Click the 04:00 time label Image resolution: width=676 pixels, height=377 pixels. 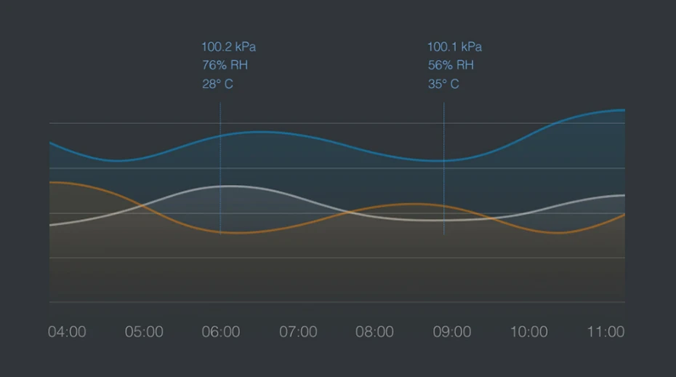coord(67,332)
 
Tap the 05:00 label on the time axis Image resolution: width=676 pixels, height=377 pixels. coord(144,332)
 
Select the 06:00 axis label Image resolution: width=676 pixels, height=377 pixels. coord(221,332)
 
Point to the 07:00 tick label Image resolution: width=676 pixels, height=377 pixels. coord(298,332)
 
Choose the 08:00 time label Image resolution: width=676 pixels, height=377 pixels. coord(374,332)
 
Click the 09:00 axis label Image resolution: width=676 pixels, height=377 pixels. coord(452,332)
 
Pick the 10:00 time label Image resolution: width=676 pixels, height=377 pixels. coord(528,332)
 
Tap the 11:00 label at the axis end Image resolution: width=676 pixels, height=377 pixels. coord(605,332)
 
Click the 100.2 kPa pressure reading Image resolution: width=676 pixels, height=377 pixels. coord(228,47)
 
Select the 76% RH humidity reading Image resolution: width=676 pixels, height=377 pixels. coord(225,66)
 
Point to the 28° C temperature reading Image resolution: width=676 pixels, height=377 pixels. coord(217,84)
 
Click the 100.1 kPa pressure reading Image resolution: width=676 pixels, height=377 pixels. coord(454,47)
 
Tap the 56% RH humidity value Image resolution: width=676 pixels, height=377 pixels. coord(451,66)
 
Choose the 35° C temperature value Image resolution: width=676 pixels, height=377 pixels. coord(443,84)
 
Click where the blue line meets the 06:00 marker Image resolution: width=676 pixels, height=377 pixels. coord(220,136)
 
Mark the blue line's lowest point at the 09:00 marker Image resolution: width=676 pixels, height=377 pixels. coord(443,161)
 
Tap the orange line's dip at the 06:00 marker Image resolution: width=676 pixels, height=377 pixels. coord(220,232)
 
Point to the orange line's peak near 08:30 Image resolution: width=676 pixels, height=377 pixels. coord(411,204)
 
